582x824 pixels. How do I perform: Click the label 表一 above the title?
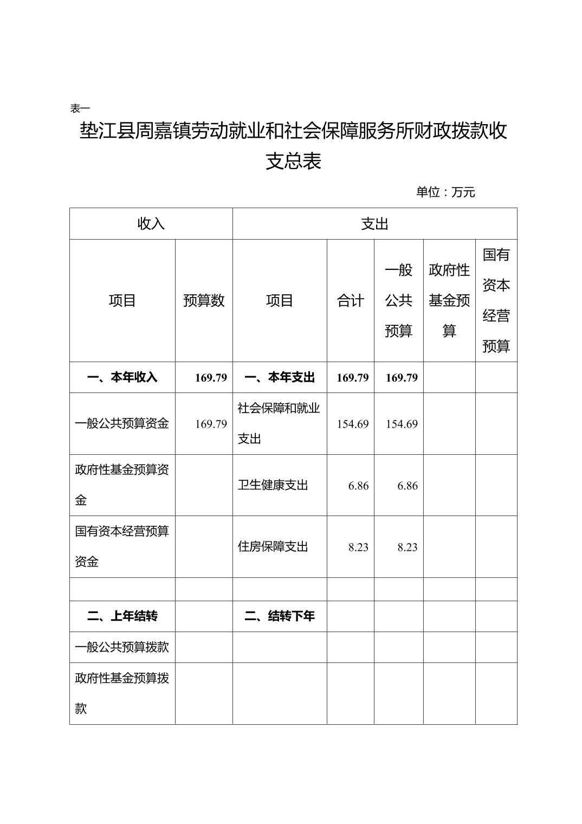point(80,108)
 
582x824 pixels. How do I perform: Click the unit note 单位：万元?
point(445,192)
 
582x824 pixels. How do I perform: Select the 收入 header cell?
point(151,223)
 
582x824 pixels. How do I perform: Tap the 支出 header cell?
point(374,223)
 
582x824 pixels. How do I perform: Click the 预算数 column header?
point(204,300)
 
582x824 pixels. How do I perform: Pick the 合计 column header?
point(350,300)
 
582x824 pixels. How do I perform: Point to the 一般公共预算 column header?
point(398,300)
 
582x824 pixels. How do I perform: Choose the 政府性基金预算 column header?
point(449,300)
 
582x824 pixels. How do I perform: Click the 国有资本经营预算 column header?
point(496,300)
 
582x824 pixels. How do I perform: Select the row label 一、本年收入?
point(122,377)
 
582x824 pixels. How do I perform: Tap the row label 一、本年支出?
point(280,377)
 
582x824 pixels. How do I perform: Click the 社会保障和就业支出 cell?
point(279,423)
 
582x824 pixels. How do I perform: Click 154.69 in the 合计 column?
point(353,424)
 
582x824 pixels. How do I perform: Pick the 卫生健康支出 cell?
point(273,485)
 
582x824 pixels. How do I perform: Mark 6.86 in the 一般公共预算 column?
point(407,486)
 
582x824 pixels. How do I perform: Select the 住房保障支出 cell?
point(273,546)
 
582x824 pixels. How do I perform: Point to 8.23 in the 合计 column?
point(358,547)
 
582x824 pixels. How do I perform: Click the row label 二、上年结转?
point(122,616)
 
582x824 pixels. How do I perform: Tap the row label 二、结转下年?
point(280,616)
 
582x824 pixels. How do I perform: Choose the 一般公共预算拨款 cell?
point(122,647)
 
